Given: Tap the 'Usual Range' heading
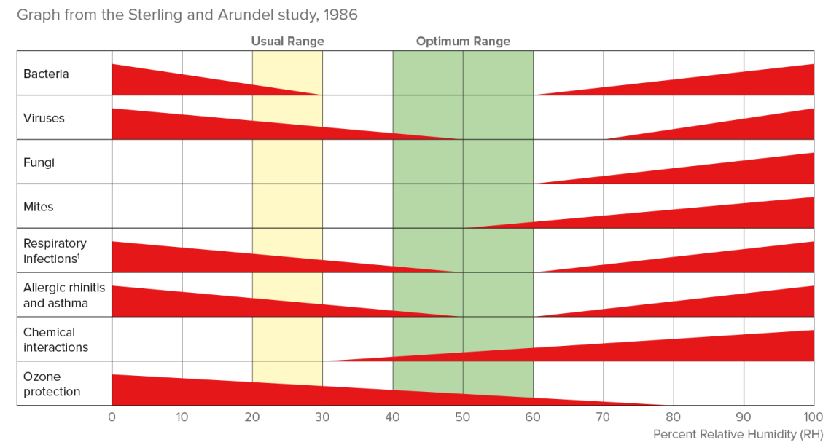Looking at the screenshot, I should (x=287, y=42).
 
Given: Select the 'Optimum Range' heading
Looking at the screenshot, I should (x=463, y=42).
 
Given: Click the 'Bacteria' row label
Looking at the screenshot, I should (x=46, y=74).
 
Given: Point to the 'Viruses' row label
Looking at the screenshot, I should (x=44, y=118).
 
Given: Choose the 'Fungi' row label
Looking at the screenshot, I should (x=39, y=162).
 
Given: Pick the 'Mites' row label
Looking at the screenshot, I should (x=38, y=207).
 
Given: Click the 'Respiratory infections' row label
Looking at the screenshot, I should (x=55, y=251).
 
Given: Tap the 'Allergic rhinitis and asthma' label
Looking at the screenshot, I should (x=64, y=295).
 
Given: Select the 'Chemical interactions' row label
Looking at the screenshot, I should (x=55, y=339).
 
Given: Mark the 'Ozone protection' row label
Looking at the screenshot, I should (x=52, y=384).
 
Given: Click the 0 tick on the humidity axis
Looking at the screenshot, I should (x=112, y=417).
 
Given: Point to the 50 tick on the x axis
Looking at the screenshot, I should (x=463, y=417).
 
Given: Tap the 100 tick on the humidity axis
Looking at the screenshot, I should (x=813, y=417).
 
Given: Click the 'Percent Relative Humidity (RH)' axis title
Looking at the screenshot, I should (x=738, y=434).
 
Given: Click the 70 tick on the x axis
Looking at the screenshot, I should (x=603, y=417).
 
